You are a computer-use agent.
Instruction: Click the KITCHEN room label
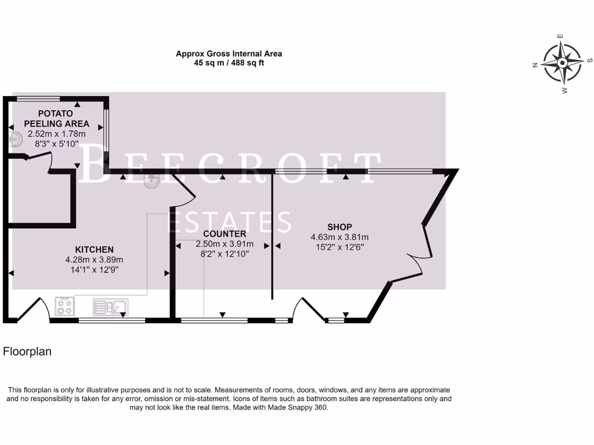(x=89, y=250)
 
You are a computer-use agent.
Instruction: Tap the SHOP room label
(x=339, y=227)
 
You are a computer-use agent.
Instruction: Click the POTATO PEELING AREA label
(x=56, y=118)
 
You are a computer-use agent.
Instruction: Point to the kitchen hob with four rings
(x=64, y=306)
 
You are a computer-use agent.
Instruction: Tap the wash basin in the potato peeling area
(x=16, y=139)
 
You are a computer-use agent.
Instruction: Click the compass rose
(x=562, y=63)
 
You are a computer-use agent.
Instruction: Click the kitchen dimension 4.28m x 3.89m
(x=94, y=260)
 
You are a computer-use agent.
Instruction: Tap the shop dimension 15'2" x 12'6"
(x=339, y=247)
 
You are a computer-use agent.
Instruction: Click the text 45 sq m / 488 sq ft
(x=229, y=63)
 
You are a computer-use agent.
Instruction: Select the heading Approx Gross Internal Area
(x=229, y=54)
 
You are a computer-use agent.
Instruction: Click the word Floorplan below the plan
(x=27, y=351)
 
